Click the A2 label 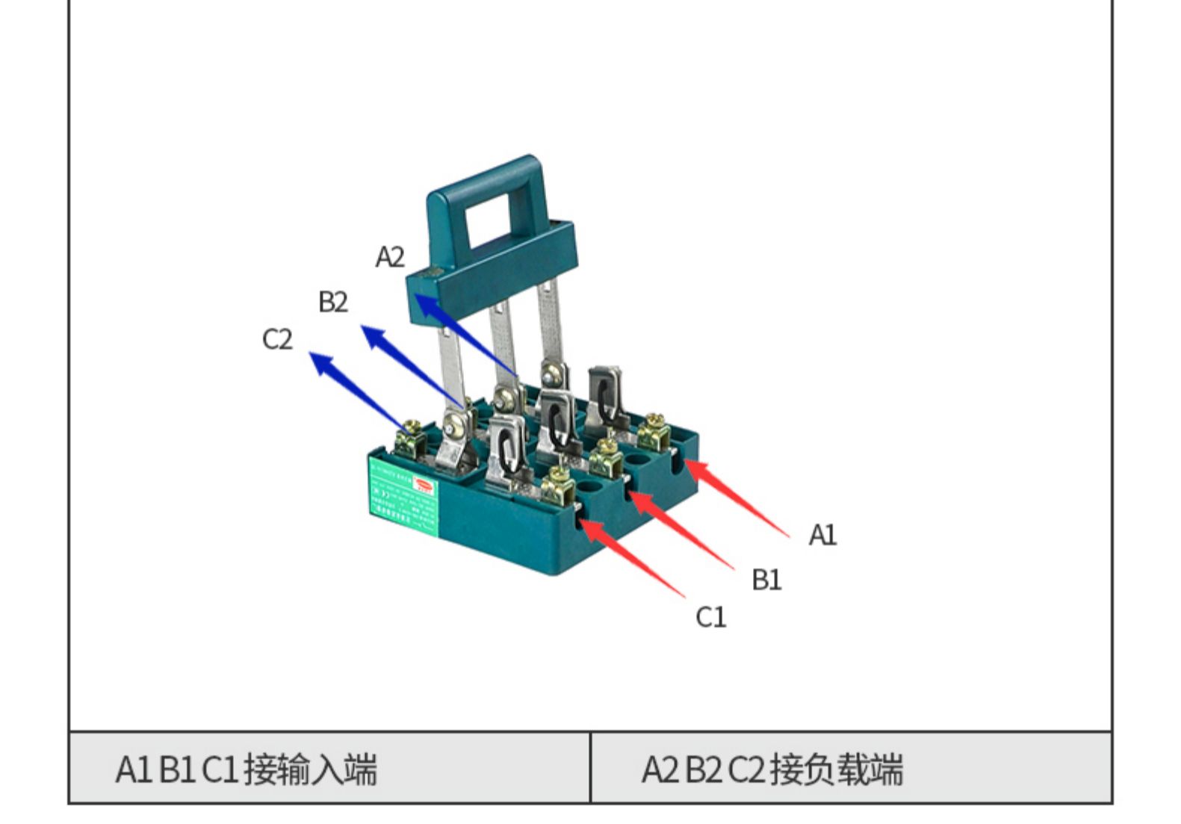point(390,257)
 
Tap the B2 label point(333,302)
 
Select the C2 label point(277,339)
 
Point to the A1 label point(822,535)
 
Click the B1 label point(766,580)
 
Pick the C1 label point(710,617)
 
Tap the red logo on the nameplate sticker point(424,486)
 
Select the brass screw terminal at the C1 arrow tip point(559,485)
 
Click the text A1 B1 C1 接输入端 point(247,769)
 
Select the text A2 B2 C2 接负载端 point(772,769)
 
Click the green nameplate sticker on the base point(403,497)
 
